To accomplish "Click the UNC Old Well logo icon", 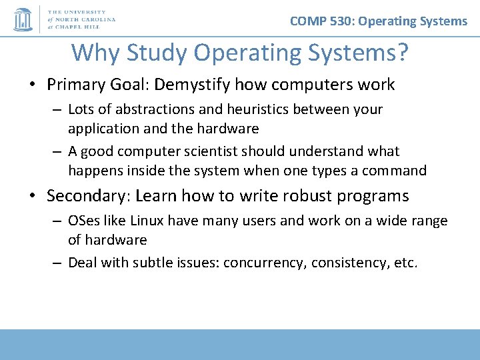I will [x=23, y=19].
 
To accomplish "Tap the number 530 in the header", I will [x=341, y=21].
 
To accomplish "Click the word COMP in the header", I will [x=308, y=21].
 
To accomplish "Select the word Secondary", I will [x=85, y=196].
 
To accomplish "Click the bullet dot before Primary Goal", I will [x=33, y=85].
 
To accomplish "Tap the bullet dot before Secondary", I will [x=33, y=197].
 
